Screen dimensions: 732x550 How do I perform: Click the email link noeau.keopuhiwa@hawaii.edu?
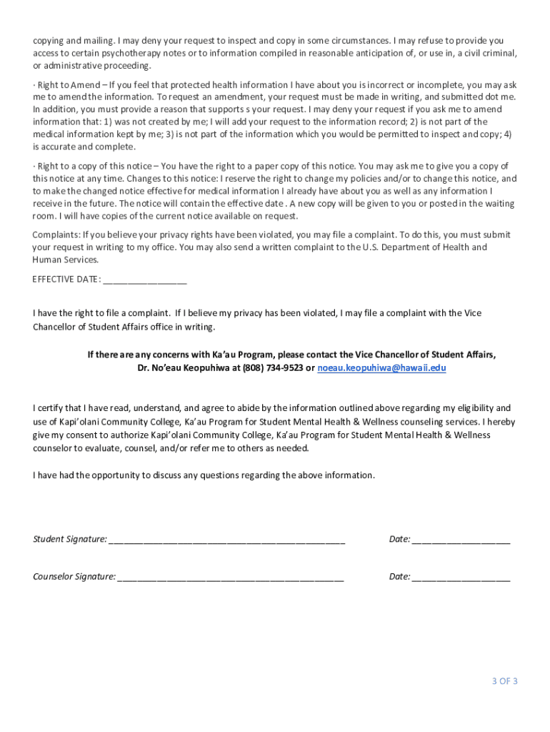click(x=381, y=367)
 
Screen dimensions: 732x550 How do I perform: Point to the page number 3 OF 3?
click(x=504, y=681)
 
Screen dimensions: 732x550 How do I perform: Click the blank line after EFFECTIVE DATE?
click(x=145, y=280)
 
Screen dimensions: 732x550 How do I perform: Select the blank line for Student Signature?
click(x=226, y=540)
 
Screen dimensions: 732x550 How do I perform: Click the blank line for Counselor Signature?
click(x=231, y=577)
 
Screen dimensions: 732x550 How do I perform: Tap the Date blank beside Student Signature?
click(x=461, y=540)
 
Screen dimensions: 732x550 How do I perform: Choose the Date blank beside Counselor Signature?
click(x=461, y=577)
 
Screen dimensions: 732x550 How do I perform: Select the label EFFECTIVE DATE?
click(x=66, y=279)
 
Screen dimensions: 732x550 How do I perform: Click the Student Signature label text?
click(x=70, y=539)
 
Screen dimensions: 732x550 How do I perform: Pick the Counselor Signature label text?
click(x=74, y=576)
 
